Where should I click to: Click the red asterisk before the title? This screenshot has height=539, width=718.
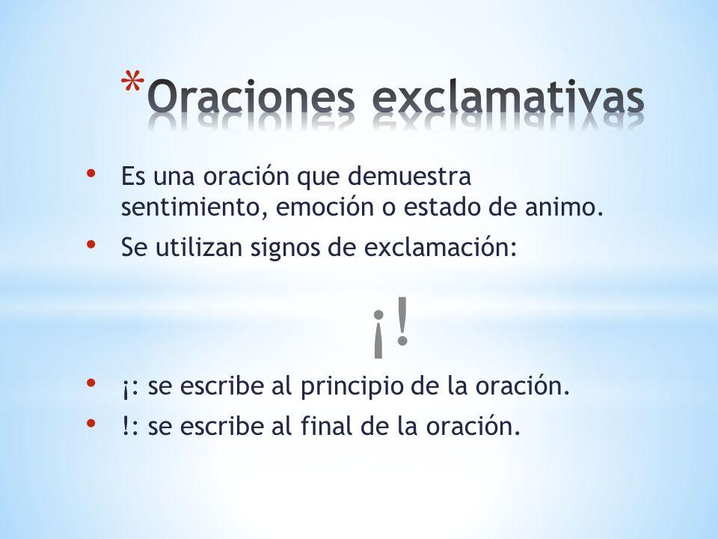[x=132, y=84]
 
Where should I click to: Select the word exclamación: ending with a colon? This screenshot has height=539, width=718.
[x=441, y=248]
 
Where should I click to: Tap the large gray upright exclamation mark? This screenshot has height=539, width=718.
[x=402, y=320]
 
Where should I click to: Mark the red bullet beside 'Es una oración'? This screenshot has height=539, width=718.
[x=90, y=174]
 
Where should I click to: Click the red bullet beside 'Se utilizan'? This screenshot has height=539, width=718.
[x=90, y=245]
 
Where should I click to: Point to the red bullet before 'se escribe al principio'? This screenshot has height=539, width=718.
[x=90, y=383]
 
